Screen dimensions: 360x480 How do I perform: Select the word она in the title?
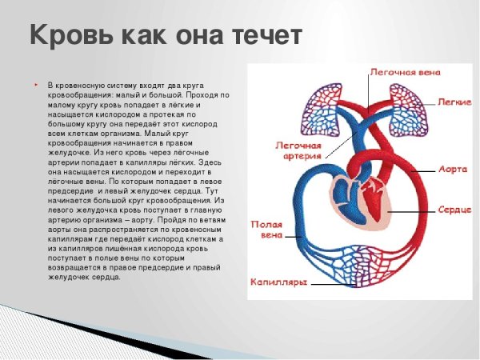(190, 35)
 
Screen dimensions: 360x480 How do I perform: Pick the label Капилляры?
(278, 282)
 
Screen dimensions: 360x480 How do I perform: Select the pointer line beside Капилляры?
(320, 282)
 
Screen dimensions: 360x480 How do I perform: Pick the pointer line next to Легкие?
(430, 102)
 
